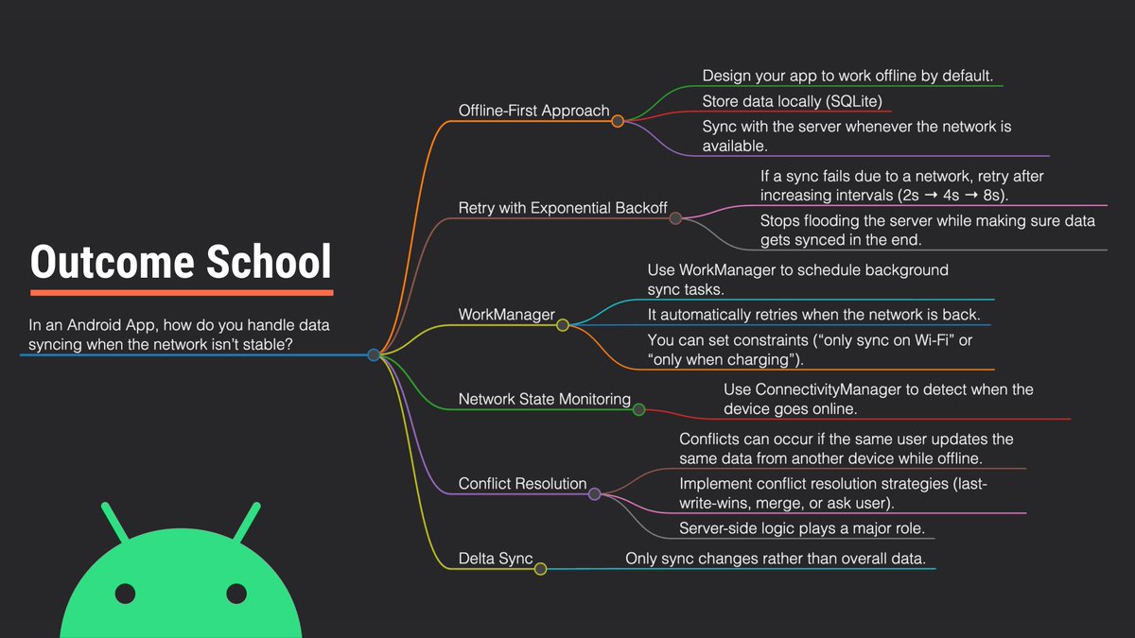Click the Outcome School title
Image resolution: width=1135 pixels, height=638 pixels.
[181, 262]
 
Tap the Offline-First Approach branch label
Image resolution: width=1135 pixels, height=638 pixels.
[533, 111]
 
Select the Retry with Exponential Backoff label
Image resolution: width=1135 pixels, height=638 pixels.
[563, 208]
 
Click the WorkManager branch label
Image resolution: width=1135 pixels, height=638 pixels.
[506, 315]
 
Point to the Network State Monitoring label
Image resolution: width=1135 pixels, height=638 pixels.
[544, 400]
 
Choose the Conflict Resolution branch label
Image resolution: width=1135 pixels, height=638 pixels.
[522, 484]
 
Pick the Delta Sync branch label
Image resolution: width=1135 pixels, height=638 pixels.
[496, 559]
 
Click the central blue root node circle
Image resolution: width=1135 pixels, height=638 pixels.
[374, 355]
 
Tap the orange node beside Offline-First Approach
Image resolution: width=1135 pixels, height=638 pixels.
[618, 121]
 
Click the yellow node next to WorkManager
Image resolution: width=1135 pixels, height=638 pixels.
[563, 325]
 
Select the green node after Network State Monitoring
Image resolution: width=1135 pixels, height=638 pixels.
[638, 409]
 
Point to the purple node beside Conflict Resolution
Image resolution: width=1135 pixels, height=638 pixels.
[595, 493]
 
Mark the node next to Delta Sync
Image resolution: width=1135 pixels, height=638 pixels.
[540, 569]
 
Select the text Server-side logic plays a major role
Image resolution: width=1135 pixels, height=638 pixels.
[802, 527]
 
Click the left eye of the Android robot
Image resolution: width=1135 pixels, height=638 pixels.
[125, 594]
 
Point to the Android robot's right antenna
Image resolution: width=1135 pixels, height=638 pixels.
[249, 522]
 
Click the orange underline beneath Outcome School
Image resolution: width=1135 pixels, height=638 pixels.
[181, 292]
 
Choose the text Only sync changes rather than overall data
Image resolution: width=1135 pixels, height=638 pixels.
[775, 559]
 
